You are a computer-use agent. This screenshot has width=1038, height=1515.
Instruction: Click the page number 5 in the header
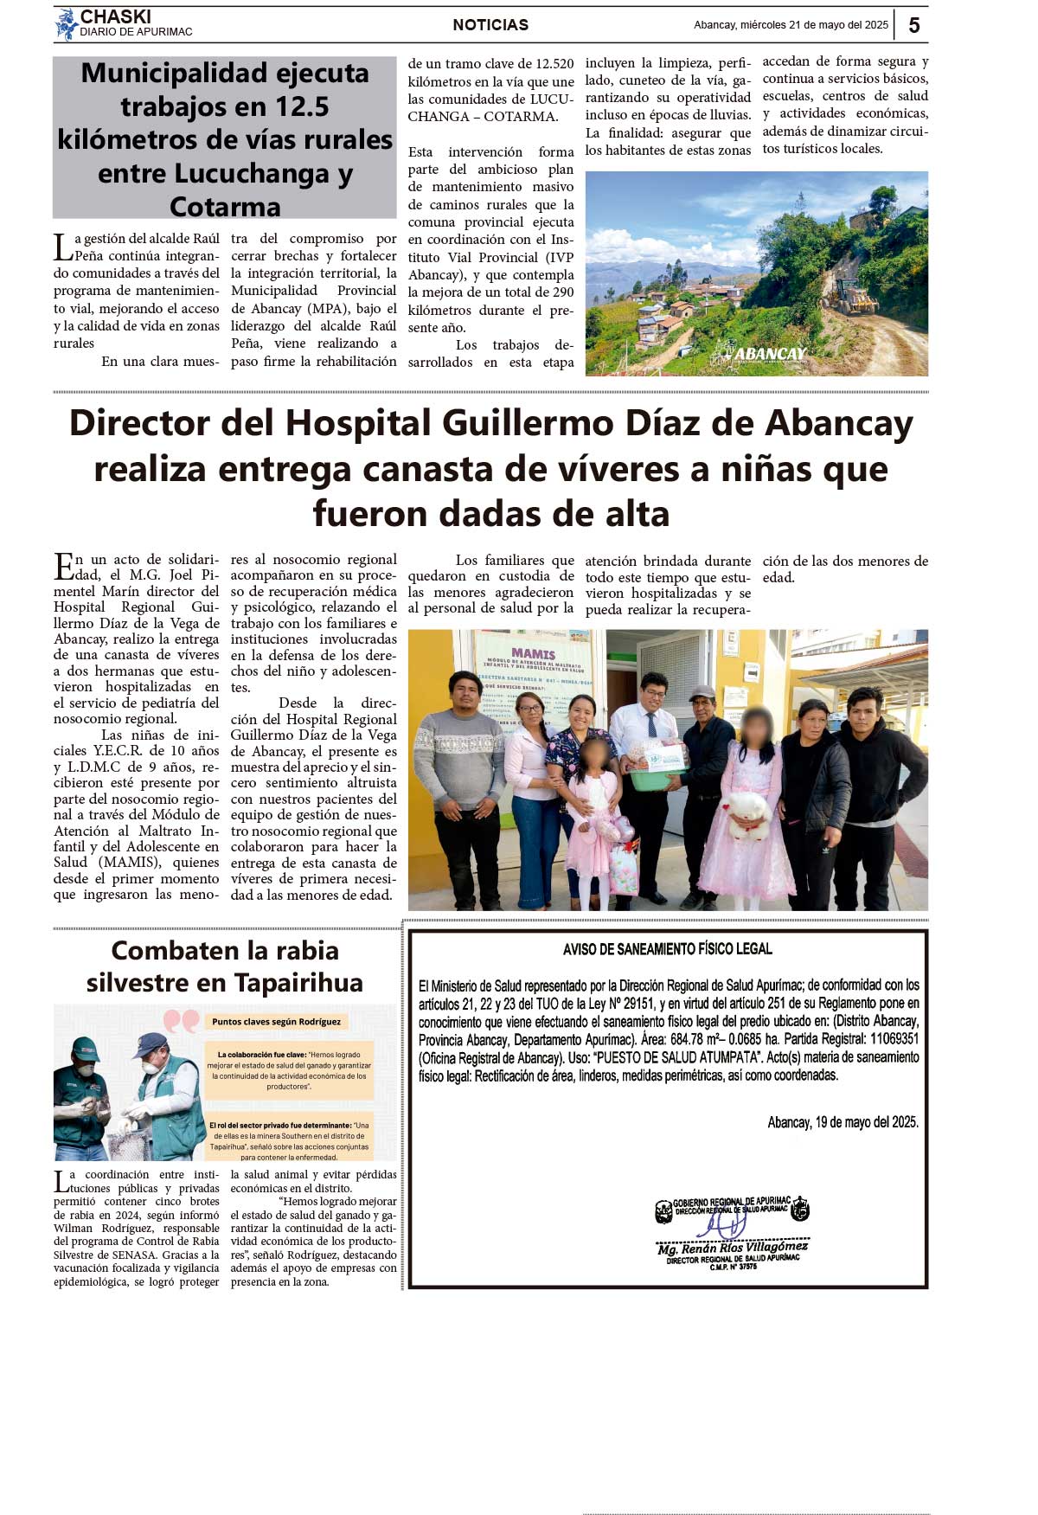tap(914, 25)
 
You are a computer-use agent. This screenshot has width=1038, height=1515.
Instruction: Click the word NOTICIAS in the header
tap(490, 25)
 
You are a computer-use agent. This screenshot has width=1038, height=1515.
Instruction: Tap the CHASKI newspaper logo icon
tap(66, 24)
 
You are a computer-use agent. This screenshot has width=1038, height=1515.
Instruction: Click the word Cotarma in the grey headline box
tap(225, 207)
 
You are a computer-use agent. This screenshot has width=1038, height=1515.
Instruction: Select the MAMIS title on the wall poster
tap(534, 653)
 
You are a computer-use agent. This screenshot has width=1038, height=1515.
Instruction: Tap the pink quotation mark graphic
tap(181, 1022)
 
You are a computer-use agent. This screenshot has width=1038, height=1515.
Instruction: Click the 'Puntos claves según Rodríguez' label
tap(276, 1022)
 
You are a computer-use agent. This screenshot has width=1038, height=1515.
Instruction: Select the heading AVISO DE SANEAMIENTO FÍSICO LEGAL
tap(667, 949)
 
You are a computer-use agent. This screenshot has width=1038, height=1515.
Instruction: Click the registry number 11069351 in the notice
tap(894, 1039)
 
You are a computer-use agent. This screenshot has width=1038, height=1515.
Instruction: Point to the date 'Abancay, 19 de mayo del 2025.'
tap(843, 1122)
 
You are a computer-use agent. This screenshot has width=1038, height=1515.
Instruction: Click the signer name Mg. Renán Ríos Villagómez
tap(732, 1248)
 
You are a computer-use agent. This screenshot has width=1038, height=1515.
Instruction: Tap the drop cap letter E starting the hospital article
tap(64, 567)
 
